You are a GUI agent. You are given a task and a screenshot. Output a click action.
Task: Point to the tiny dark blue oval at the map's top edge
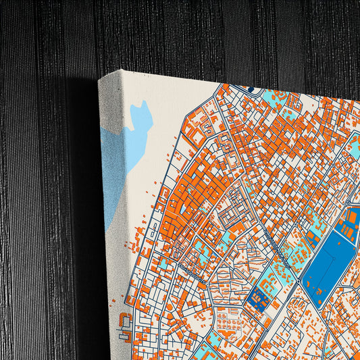(251, 88)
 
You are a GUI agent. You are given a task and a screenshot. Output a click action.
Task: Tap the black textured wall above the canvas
(203, 34)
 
